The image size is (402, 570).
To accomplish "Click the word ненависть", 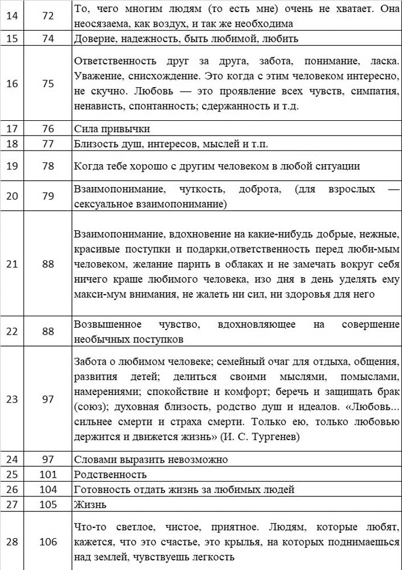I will coord(99,107).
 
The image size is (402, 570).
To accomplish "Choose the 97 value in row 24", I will coord(48,459).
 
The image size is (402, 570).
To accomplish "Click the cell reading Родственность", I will coord(111,474).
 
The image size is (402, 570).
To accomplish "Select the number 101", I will coord(48,474).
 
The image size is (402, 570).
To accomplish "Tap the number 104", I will coord(48,488).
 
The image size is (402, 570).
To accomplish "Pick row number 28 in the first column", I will coord(11,541).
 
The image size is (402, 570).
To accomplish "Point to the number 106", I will coord(48,541).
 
